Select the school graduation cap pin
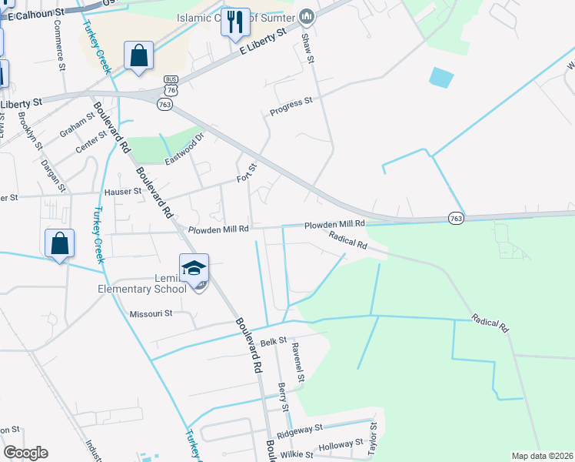coord(194,269)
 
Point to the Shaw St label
coord(308,49)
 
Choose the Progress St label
coord(291,106)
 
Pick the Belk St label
coord(273,340)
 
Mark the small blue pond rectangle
coord(441,77)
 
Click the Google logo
coord(25,453)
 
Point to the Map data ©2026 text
coord(543,456)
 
